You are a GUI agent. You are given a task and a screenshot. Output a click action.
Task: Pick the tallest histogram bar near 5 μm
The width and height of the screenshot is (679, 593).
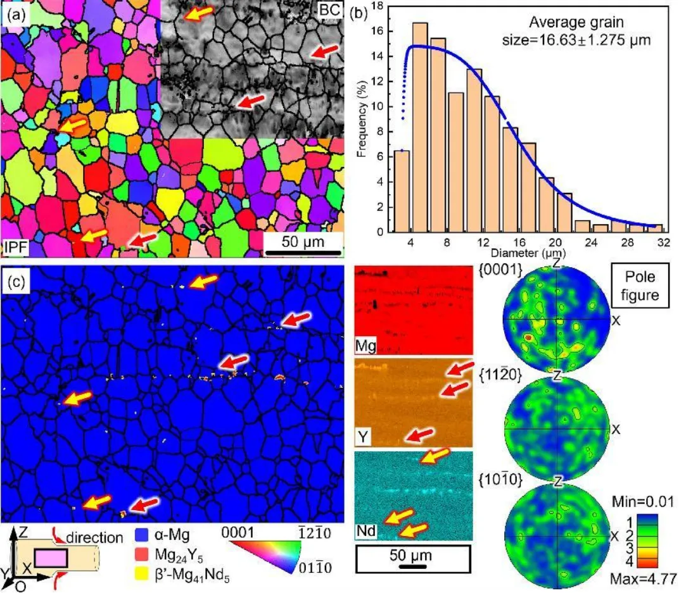(x=420, y=127)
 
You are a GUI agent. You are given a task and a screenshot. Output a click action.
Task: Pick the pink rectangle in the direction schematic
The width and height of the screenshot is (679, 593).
(x=52, y=557)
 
